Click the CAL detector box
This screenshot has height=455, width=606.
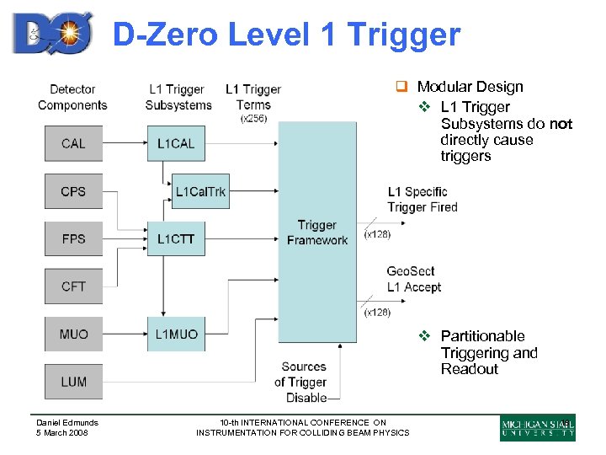[x=73, y=143]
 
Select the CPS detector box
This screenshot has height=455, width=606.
[x=73, y=191]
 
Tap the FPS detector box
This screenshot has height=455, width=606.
[x=73, y=238]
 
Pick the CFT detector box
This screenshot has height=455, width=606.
[x=73, y=286]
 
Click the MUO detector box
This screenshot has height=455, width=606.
[x=73, y=335]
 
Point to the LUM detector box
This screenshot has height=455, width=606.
[x=73, y=382]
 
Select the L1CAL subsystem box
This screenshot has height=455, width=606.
[x=175, y=143]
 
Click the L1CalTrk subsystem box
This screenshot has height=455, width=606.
[x=200, y=191]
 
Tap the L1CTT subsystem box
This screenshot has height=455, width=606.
[x=175, y=238]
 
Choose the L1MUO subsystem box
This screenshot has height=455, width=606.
[x=175, y=335]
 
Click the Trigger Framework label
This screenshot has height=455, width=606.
[x=317, y=233]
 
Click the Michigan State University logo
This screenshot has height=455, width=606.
[x=538, y=427]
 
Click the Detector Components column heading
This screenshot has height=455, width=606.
[x=72, y=97]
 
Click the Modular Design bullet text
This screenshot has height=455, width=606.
[x=470, y=87]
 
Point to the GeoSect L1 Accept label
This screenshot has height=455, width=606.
[x=413, y=279]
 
